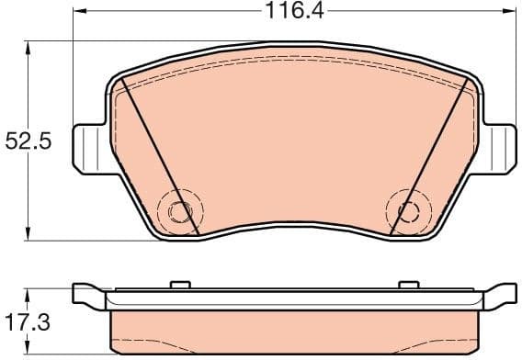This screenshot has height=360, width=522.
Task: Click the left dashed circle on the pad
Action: [x=176, y=210]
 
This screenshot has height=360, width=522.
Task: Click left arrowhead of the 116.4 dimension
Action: [x=78, y=12]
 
